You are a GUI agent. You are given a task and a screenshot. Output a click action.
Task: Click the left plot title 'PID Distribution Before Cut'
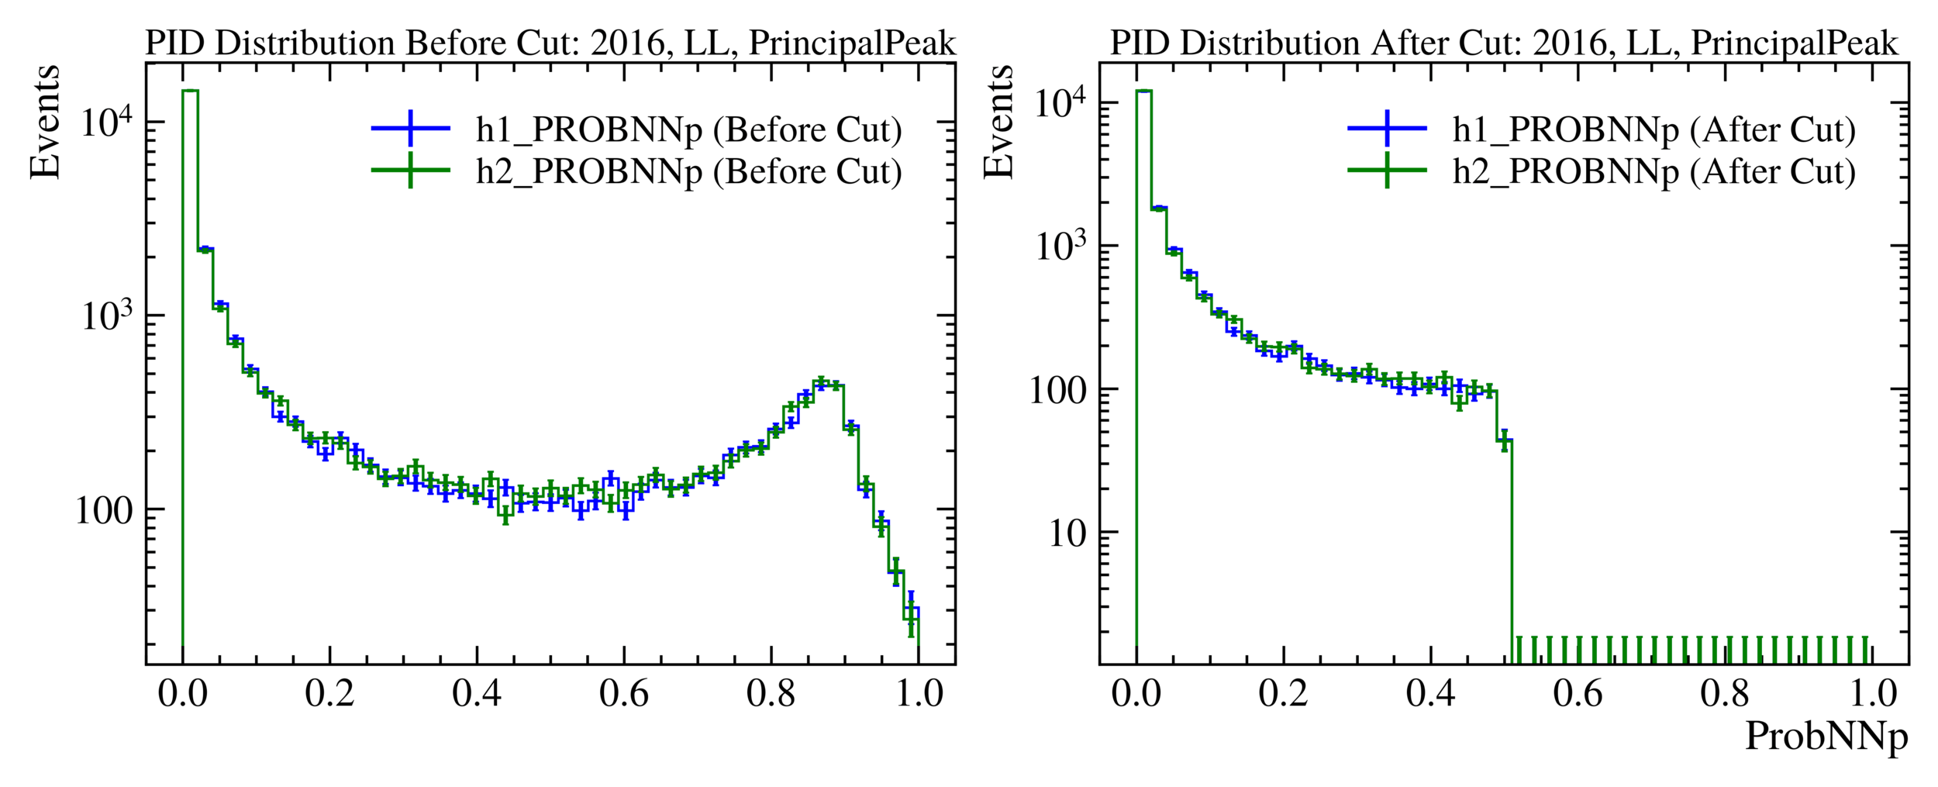click(x=550, y=43)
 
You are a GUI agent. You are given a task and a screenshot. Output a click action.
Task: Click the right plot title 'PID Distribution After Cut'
click(x=1504, y=43)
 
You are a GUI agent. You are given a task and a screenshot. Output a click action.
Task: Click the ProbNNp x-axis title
click(x=1826, y=736)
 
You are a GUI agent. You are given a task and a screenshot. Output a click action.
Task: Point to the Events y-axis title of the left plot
click(x=44, y=123)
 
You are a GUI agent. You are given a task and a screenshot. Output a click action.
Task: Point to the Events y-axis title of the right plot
click(x=998, y=123)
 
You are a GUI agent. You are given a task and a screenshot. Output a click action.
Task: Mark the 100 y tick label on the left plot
click(x=104, y=512)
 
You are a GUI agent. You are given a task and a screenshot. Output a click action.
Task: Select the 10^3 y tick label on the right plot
click(x=1062, y=247)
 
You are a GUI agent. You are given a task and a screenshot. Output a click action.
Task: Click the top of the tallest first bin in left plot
click(x=190, y=91)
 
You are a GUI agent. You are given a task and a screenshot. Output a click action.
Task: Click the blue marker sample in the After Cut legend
click(x=1387, y=128)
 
